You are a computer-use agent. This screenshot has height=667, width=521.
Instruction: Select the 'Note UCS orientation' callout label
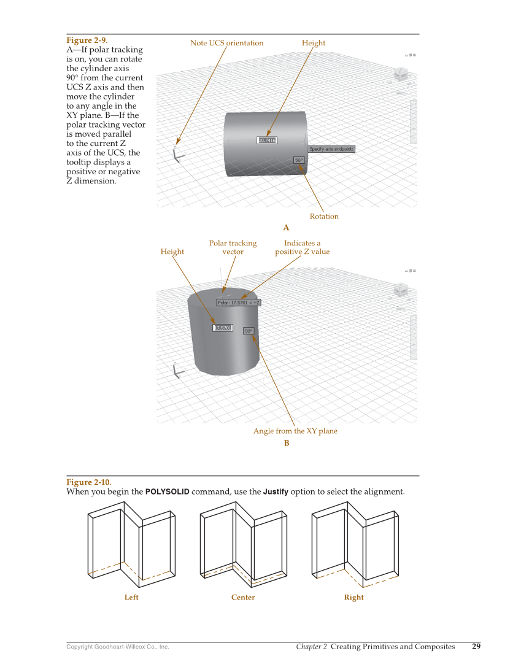click(x=226, y=43)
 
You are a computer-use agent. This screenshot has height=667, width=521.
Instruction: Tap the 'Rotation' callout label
click(x=324, y=217)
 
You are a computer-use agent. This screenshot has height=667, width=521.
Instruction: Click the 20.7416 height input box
click(x=267, y=141)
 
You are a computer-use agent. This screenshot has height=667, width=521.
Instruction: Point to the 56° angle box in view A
click(x=299, y=160)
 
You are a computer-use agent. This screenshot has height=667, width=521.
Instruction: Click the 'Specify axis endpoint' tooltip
click(x=331, y=149)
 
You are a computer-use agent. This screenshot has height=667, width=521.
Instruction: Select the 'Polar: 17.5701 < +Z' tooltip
click(x=239, y=303)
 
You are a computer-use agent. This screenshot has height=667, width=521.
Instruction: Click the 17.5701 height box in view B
click(x=222, y=328)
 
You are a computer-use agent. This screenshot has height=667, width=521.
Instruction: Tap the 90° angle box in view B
click(x=249, y=331)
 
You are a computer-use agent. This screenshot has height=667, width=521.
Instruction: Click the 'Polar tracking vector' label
click(x=233, y=247)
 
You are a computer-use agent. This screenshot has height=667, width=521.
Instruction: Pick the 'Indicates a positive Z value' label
click(x=302, y=247)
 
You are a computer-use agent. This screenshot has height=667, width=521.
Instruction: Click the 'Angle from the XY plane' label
click(x=295, y=431)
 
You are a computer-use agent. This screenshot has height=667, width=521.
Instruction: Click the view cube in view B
click(x=401, y=289)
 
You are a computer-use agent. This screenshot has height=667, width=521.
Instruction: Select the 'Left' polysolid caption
click(x=131, y=598)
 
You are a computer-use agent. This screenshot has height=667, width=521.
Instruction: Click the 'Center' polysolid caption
click(x=243, y=598)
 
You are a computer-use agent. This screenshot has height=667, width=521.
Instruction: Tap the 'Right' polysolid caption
click(x=353, y=598)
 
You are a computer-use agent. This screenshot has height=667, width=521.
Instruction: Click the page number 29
click(x=476, y=646)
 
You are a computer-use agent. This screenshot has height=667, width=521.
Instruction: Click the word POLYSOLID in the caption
click(x=167, y=492)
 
